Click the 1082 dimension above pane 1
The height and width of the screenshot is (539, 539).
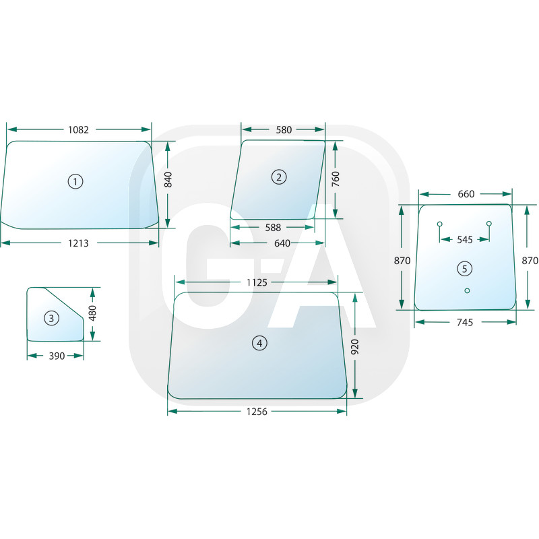pyautogui.click(x=78, y=130)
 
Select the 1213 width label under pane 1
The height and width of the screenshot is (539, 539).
pyautogui.click(x=78, y=243)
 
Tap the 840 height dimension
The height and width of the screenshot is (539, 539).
pyautogui.click(x=168, y=180)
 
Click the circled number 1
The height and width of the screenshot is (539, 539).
pyautogui.click(x=75, y=181)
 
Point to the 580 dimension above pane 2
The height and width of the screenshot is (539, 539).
pyautogui.click(x=284, y=130)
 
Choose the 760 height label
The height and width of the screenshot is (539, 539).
pyautogui.click(x=335, y=179)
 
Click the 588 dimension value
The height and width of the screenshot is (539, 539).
pyautogui.click(x=273, y=228)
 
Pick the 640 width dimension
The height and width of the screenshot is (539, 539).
pyautogui.click(x=282, y=243)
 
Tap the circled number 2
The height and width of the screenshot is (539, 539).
pyautogui.click(x=279, y=177)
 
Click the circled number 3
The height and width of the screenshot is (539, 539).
pyautogui.click(x=52, y=318)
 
